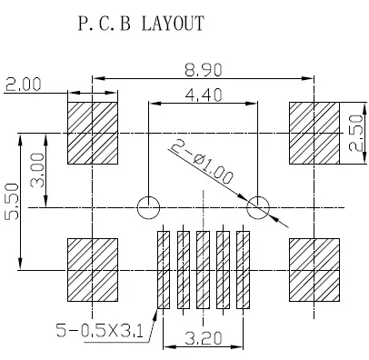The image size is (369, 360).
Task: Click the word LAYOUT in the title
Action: point(173,24)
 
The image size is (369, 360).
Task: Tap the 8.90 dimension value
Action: point(204,70)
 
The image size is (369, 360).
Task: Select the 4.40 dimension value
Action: point(204,95)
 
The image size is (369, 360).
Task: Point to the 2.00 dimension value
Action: point(23,85)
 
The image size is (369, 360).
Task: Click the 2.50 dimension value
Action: point(355,133)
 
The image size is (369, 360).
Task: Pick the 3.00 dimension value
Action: point(37,170)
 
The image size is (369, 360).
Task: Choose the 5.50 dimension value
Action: point(11,201)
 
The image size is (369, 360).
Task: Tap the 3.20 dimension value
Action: point(204,338)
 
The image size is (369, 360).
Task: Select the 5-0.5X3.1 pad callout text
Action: point(100,330)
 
